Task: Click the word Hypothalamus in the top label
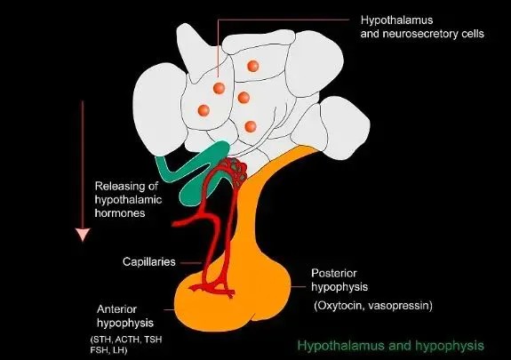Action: [396, 20]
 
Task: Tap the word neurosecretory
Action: [419, 34]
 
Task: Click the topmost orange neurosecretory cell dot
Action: [253, 66]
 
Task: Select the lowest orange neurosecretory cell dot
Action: [251, 126]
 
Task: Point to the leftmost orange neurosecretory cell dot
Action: [204, 110]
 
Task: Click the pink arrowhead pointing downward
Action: [83, 235]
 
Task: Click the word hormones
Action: [120, 213]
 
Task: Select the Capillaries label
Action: [149, 262]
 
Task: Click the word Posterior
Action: [334, 273]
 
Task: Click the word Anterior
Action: [116, 309]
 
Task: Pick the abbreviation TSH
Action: [153, 340]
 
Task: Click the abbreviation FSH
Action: [98, 350]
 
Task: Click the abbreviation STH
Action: [101, 340]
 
